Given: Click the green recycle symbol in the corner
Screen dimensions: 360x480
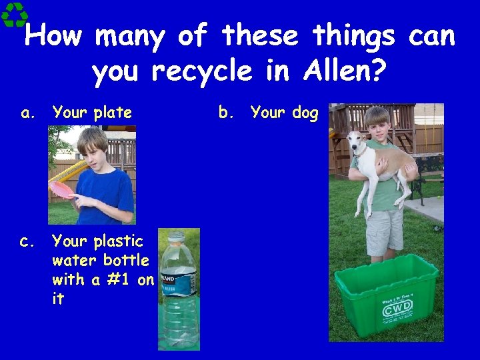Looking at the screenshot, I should click(x=14, y=14).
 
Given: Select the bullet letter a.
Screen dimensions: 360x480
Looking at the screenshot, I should click(x=27, y=113).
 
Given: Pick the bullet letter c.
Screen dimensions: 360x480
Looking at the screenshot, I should click(x=27, y=241).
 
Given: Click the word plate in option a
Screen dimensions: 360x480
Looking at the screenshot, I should click(x=112, y=113).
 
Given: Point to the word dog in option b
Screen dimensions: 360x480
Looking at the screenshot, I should click(x=305, y=113).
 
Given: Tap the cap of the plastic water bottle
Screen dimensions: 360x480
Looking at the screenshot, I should click(x=176, y=236).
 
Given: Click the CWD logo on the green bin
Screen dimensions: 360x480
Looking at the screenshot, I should click(x=398, y=307).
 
